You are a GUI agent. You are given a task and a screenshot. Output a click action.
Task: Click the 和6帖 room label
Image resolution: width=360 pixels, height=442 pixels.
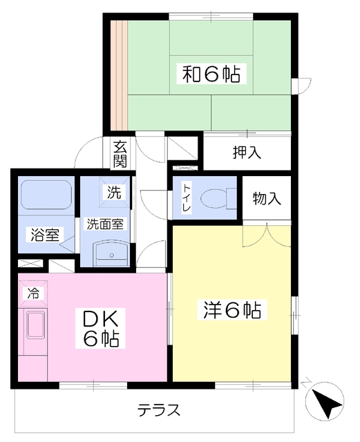tap(211, 74)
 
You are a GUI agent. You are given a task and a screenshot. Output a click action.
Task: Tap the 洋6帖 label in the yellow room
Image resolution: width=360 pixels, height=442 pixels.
tap(232, 310)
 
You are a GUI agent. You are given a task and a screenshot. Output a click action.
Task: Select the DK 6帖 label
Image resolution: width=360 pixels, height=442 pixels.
tap(100, 328)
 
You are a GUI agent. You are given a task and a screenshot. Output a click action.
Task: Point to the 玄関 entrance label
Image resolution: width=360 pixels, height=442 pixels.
tap(120, 154)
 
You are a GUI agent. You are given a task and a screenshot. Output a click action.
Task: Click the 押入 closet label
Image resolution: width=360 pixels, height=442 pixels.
tap(247, 153)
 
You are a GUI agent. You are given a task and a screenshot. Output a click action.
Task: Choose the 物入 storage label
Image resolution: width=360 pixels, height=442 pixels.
tap(267, 198)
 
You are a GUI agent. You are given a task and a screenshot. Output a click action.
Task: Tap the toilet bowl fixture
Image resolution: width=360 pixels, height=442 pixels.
tap(219, 198)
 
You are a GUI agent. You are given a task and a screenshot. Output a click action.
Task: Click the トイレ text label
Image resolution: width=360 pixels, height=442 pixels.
tap(187, 198)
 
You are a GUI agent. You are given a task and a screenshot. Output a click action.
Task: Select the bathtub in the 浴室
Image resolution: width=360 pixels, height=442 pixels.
tap(46, 194)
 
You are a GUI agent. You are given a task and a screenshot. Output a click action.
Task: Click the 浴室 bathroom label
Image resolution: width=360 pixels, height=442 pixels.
tap(45, 235)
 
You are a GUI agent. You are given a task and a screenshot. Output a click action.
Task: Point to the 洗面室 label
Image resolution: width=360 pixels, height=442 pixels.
tap(105, 224)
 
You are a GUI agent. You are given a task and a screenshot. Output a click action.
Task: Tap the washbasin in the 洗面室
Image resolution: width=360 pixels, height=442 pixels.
tap(111, 253)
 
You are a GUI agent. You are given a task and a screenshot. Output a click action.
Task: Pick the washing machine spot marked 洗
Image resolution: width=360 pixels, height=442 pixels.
tap(114, 192)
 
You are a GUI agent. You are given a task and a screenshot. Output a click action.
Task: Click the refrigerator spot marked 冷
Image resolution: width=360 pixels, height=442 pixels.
tap(32, 294)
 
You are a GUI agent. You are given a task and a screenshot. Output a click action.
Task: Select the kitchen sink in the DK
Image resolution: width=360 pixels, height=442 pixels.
tap(35, 324)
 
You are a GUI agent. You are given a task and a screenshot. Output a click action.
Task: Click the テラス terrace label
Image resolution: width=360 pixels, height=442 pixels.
tap(159, 410)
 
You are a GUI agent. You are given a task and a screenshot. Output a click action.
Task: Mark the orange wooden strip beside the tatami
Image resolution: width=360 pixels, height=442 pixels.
tap(119, 75)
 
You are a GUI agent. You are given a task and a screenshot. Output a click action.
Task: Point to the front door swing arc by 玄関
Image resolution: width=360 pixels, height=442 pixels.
tap(83, 146)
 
